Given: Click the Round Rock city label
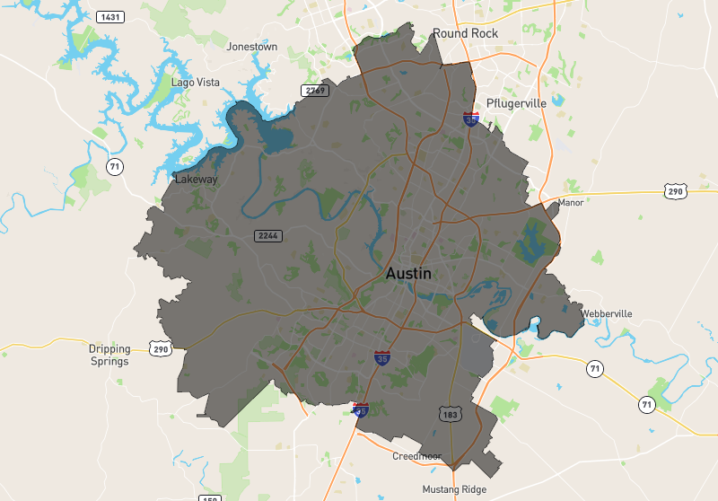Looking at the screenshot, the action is coord(465,33).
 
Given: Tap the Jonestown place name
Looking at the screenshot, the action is coord(252,47).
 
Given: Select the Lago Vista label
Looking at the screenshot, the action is coord(195,83).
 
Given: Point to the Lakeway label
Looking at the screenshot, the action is coord(197,180).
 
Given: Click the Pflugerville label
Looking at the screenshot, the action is coord(516,103).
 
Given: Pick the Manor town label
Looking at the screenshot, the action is coord(571,203).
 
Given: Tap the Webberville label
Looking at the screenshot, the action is coord(607,313).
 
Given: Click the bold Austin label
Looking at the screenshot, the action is coord(408,274).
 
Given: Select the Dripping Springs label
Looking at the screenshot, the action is coord(109,355).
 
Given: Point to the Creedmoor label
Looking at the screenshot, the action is coord(417,456).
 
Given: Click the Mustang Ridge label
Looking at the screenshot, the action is coord(454,489).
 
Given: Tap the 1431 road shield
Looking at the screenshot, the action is coord(111,17).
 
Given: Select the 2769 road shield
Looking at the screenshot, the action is coord(316,91).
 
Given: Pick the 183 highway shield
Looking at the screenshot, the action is coord(450,414).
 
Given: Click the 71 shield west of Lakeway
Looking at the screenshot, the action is coord(114,166).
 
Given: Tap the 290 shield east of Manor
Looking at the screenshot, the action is coord(677,190).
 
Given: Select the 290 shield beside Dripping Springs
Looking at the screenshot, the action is coord(162,349).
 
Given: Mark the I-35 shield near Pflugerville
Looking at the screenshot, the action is coord(470,119).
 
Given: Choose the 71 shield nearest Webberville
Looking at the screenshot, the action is coord(594,368).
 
